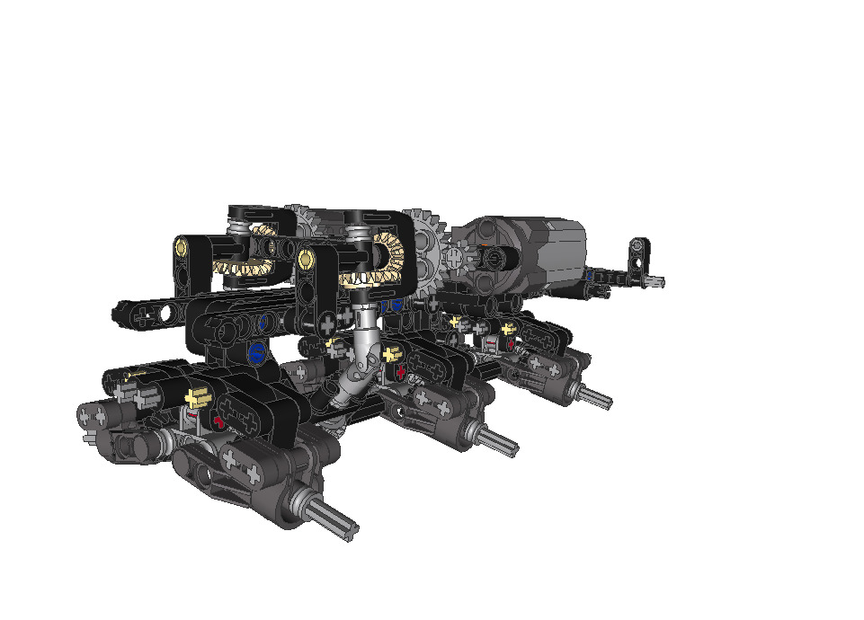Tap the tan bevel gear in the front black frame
click(389, 261)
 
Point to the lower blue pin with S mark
click(257, 353)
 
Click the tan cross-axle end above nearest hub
click(198, 397)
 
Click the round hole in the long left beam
click(167, 312)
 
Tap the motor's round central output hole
click(493, 258)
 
